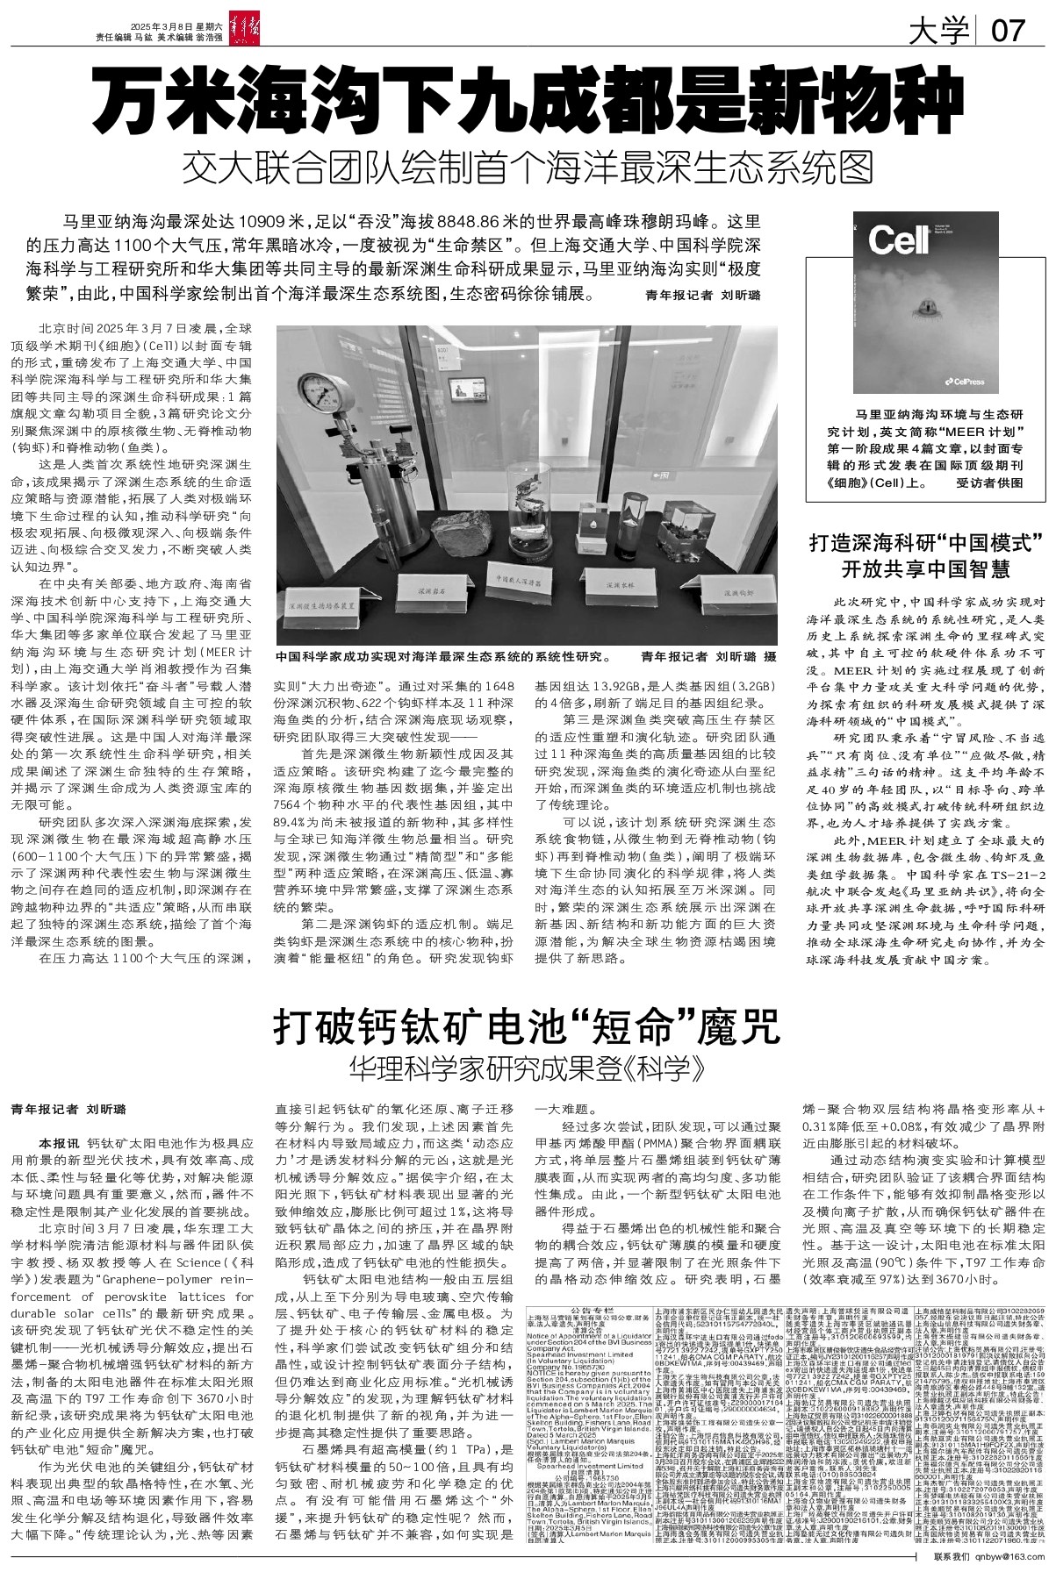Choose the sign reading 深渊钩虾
[719, 595]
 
